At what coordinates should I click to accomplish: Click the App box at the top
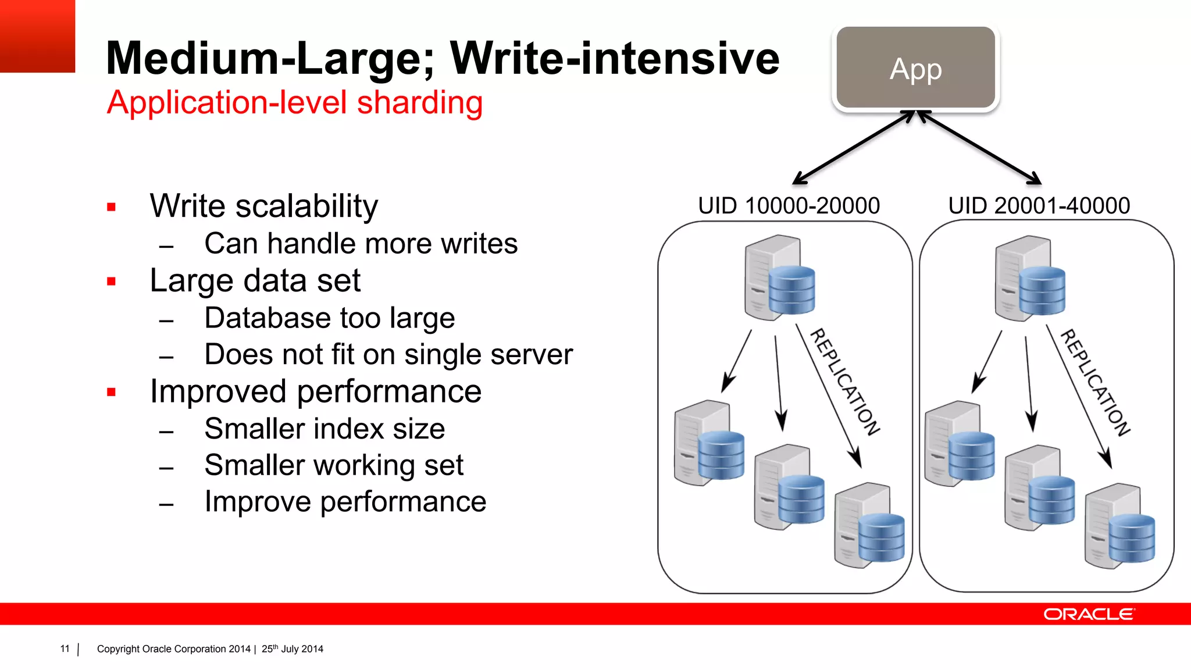coord(916,68)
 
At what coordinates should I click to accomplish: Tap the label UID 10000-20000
coord(789,206)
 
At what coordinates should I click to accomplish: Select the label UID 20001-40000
coord(1039,206)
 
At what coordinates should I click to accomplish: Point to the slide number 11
coord(65,648)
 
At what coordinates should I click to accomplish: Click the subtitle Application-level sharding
coord(295,103)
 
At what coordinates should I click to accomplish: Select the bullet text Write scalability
coord(263,206)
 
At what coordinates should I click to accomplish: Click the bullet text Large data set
coord(255,280)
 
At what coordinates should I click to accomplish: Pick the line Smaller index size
coord(325,429)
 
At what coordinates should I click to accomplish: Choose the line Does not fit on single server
coord(388,355)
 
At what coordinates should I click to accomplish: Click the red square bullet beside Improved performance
coord(112,393)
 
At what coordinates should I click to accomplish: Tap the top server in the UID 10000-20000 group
coord(779,278)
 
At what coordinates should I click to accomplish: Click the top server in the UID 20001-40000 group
coord(1029,279)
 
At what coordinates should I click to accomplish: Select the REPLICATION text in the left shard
coord(844,382)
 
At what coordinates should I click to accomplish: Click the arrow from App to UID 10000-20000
coord(854,147)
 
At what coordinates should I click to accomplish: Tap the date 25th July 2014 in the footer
coord(292,648)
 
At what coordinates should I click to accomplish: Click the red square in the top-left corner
coord(37,36)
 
